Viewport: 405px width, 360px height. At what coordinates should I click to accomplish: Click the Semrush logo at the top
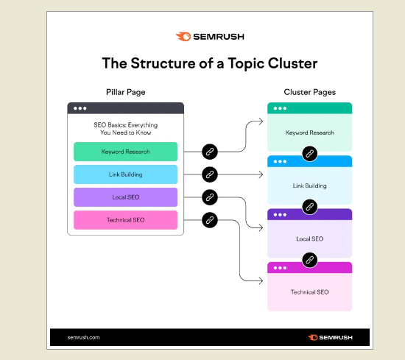click(x=210, y=37)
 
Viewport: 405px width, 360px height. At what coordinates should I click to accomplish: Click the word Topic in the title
click(x=246, y=64)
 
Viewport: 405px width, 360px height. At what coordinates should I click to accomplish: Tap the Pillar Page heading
click(x=125, y=92)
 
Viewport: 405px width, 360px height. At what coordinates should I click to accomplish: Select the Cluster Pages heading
click(x=310, y=92)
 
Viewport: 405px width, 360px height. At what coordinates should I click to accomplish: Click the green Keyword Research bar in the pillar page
click(x=125, y=152)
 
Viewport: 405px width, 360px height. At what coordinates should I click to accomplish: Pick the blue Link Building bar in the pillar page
click(x=125, y=174)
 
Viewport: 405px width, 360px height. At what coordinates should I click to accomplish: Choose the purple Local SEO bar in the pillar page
click(x=125, y=197)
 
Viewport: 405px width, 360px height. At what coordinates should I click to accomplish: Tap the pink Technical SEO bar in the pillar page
click(x=125, y=220)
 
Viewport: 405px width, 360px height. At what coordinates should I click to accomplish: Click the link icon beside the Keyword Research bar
click(x=210, y=152)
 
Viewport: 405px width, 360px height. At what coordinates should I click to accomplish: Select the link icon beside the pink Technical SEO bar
click(x=210, y=220)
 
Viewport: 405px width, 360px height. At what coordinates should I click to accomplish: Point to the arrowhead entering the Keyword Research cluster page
click(x=261, y=121)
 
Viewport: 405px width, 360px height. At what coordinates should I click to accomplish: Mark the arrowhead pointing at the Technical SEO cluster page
click(x=261, y=280)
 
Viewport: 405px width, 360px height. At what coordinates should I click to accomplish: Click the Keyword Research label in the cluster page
click(x=310, y=133)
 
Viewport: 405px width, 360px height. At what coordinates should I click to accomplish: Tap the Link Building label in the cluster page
click(x=310, y=186)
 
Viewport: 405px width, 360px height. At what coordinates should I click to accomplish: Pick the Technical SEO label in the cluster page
click(x=310, y=292)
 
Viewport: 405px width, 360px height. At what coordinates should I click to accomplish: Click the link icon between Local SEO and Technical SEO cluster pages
click(x=310, y=260)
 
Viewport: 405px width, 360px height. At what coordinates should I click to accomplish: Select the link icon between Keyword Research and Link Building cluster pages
click(x=310, y=154)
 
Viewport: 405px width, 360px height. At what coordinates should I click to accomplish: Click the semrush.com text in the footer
click(x=83, y=337)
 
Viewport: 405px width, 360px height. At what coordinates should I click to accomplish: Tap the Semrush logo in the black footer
click(x=330, y=337)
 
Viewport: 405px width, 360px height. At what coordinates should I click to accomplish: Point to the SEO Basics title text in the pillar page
click(x=125, y=129)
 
